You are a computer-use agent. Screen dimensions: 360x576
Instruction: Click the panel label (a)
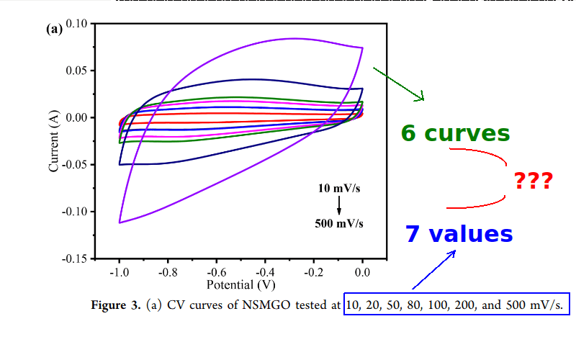54,30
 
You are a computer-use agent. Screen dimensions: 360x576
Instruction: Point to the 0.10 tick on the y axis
76,24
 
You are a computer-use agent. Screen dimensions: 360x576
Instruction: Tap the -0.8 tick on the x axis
167,272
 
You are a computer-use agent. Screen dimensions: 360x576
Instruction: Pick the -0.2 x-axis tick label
313,272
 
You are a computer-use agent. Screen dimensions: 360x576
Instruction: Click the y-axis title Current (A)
53,140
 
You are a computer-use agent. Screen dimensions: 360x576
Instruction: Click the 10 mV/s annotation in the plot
339,189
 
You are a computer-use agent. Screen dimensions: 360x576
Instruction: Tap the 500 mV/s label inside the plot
339,223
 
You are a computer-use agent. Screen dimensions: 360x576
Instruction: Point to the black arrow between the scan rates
339,206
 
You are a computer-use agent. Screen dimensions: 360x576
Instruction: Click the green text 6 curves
455,134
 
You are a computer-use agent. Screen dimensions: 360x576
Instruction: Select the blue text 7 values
459,234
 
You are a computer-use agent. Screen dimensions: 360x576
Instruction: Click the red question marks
533,181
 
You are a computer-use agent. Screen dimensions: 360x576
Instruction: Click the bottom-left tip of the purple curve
120,222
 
